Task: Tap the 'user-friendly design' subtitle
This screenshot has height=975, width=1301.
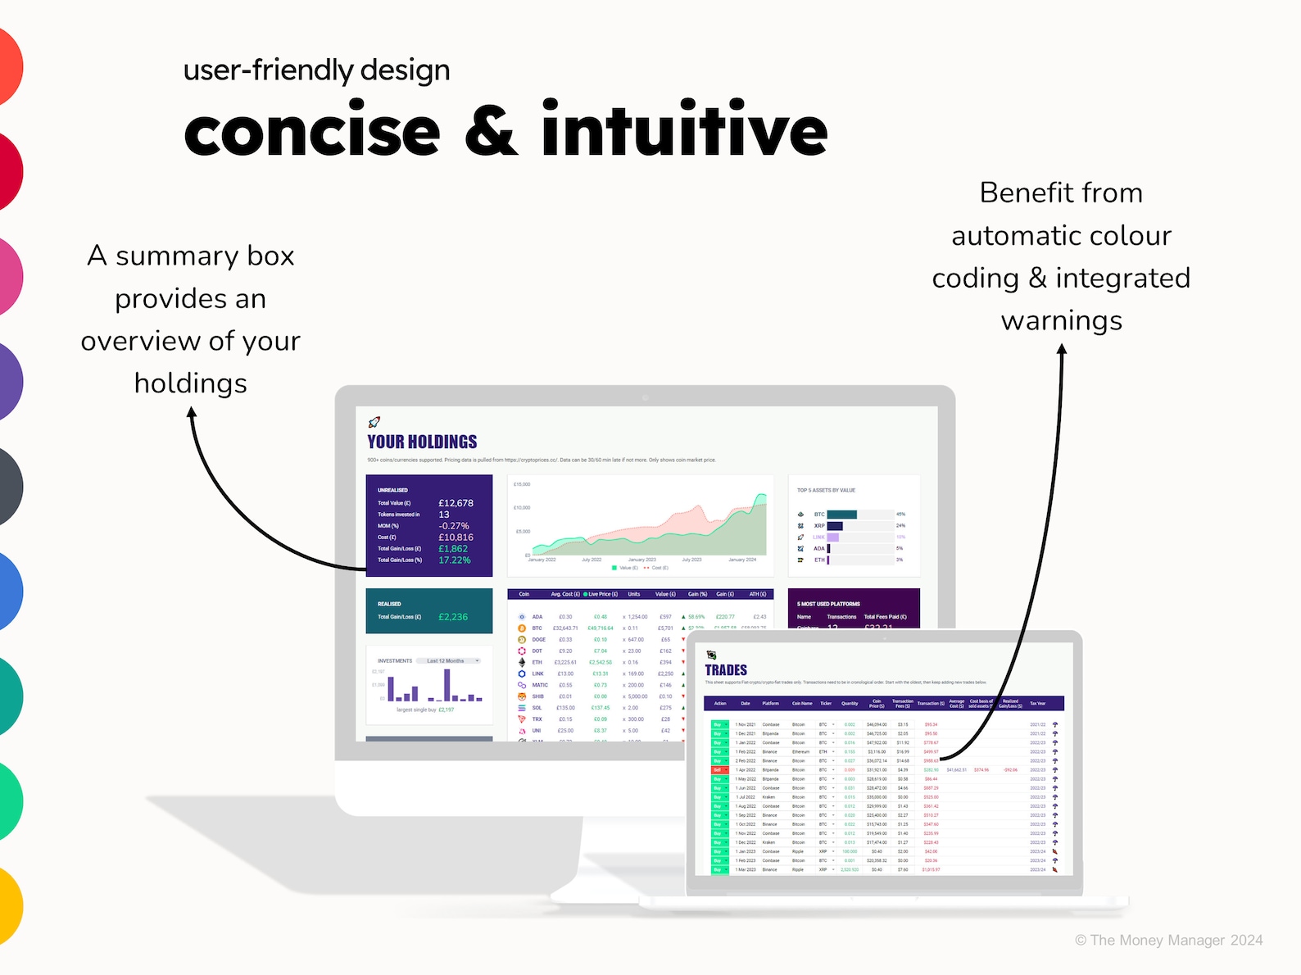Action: (316, 70)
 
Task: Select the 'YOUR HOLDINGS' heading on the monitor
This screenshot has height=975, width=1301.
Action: (422, 442)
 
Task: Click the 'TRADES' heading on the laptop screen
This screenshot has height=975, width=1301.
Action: (726, 669)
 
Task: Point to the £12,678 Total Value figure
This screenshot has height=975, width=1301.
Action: (456, 503)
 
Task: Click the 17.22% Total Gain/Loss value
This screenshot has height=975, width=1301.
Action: (454, 560)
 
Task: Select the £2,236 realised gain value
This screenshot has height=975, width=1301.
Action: (452, 617)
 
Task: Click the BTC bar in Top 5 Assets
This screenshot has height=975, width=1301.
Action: (841, 515)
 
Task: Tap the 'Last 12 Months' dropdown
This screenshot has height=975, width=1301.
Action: (448, 660)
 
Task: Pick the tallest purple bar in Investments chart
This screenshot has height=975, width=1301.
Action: (447, 685)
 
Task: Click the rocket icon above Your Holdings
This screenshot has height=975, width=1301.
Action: (374, 422)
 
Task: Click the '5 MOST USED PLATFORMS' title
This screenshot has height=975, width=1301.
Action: (828, 604)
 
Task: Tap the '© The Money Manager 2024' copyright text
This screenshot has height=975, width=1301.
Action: (1168, 940)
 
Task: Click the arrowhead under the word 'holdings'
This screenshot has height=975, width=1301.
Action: (192, 415)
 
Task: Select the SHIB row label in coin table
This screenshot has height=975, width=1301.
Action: (537, 696)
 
